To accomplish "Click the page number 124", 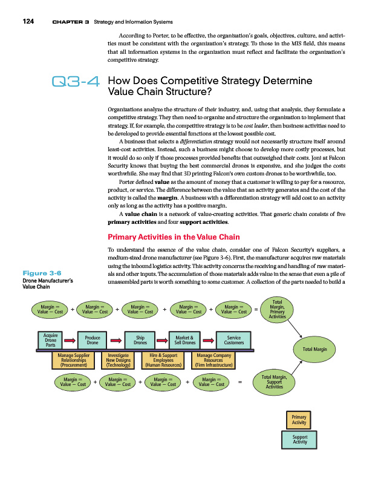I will point(27,22).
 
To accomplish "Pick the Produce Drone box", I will point(93,340).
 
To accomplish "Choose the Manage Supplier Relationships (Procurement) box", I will point(74,361).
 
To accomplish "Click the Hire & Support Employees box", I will point(162,361).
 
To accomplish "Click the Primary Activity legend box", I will point(299,420).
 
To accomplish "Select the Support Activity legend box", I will point(299,440).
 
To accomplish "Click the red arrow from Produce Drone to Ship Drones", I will point(116,340).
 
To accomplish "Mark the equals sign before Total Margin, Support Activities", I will point(240,382).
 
